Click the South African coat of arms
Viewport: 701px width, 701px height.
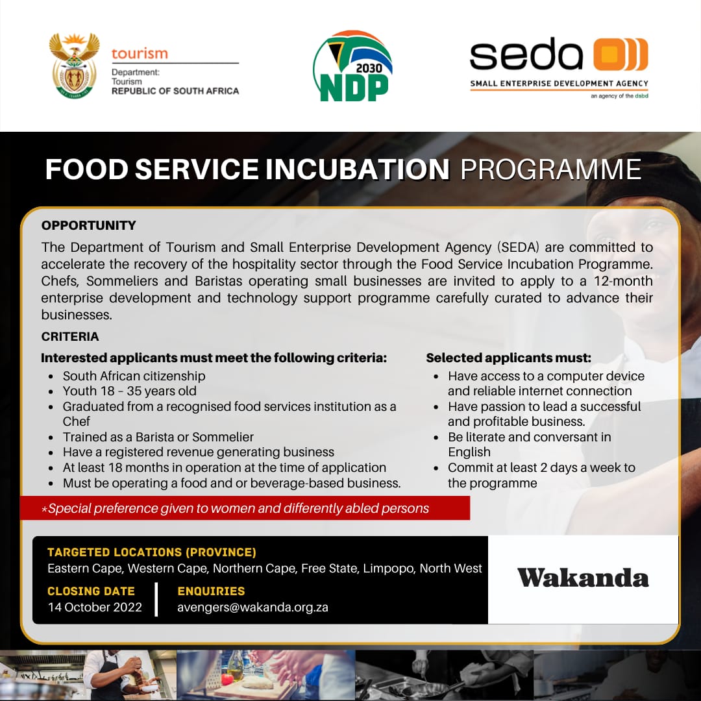75,65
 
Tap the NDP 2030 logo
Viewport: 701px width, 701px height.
353,66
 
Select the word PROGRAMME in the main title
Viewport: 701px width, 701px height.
550,169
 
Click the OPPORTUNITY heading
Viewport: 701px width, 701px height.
89,226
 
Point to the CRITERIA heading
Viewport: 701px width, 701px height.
70,336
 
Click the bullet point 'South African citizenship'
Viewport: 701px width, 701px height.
134,376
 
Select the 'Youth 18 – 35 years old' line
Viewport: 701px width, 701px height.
129,391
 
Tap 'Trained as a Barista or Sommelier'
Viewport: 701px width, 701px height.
158,437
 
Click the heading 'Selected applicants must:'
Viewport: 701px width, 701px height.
508,358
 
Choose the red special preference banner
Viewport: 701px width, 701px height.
244,508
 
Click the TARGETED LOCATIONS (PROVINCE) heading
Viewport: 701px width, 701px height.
152,552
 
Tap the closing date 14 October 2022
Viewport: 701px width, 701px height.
95,608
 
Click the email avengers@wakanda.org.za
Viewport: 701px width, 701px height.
252,608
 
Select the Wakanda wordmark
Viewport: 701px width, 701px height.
583,578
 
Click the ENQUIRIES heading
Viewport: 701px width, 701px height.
211,591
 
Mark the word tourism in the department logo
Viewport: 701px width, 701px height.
140,53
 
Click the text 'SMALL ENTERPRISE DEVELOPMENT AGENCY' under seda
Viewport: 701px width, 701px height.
559,84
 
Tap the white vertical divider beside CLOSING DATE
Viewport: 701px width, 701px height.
156,599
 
